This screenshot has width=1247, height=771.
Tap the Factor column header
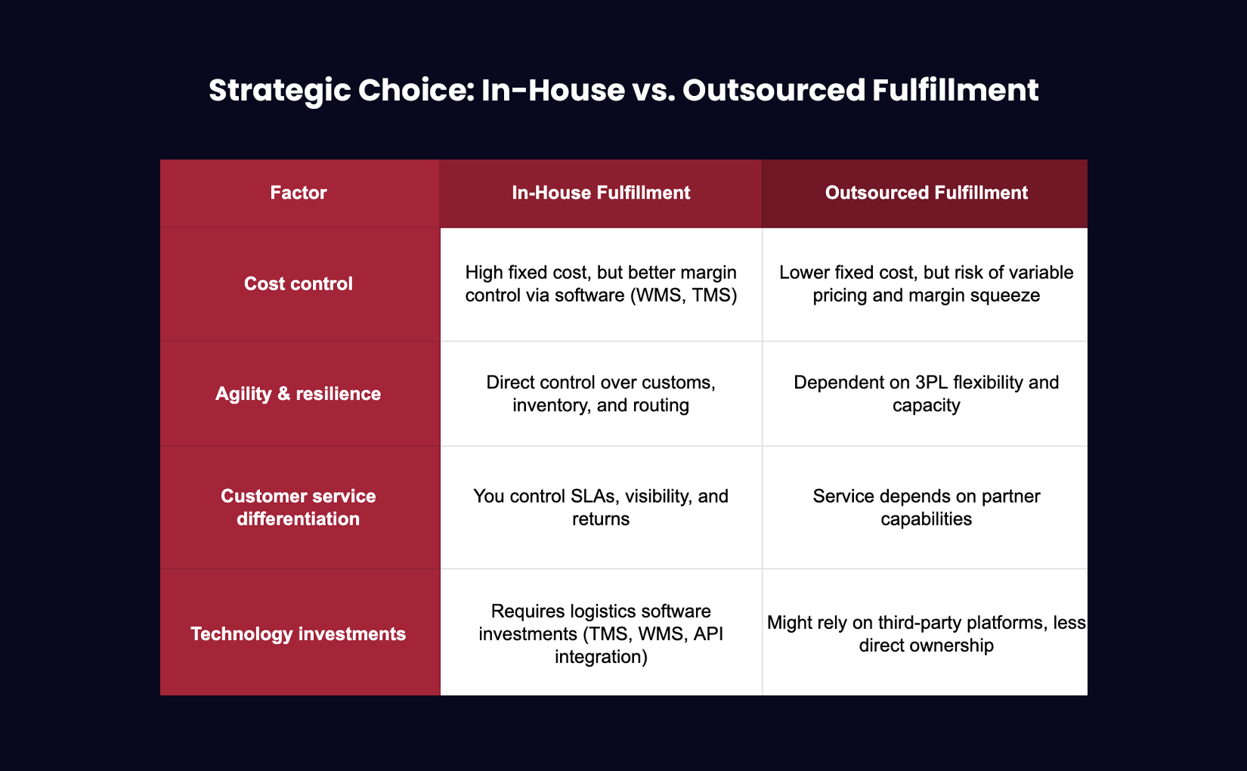pos(299,193)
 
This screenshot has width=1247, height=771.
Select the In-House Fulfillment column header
pos(601,193)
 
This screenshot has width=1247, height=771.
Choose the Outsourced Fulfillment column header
pos(926,193)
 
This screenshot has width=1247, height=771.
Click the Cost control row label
pos(299,283)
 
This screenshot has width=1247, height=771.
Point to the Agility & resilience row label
pos(299,394)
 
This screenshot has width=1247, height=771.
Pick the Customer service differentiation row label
pos(299,507)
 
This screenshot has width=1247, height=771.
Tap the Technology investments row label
pos(299,633)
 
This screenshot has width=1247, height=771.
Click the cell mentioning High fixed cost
pos(601,283)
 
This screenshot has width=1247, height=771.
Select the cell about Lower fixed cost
pos(926,283)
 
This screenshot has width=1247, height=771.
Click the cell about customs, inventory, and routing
pos(601,394)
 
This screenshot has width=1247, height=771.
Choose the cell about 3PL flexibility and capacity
pos(926,394)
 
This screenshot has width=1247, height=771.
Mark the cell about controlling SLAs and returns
pos(601,507)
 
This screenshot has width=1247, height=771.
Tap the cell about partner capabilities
pos(926,507)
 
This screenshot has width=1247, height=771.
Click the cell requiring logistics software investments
pos(601,633)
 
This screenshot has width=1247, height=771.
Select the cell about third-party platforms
pos(926,633)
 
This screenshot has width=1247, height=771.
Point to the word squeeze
pos(1007,296)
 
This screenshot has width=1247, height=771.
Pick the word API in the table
pos(708,633)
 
